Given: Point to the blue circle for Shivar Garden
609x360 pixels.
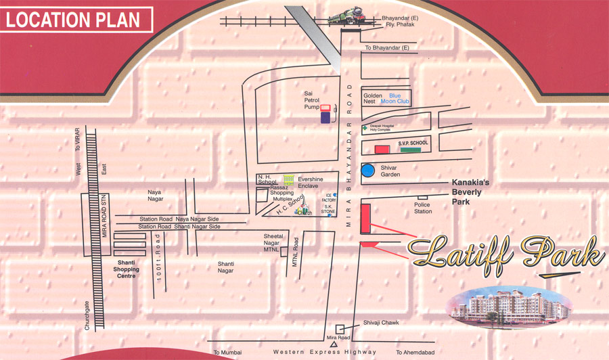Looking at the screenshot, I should (x=368, y=171).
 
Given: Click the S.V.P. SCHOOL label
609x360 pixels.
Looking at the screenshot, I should (x=413, y=143).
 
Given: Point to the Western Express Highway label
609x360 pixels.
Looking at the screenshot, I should (x=325, y=352).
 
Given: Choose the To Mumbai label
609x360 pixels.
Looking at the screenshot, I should (x=227, y=353).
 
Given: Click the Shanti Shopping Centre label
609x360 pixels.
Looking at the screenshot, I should (x=127, y=269).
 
